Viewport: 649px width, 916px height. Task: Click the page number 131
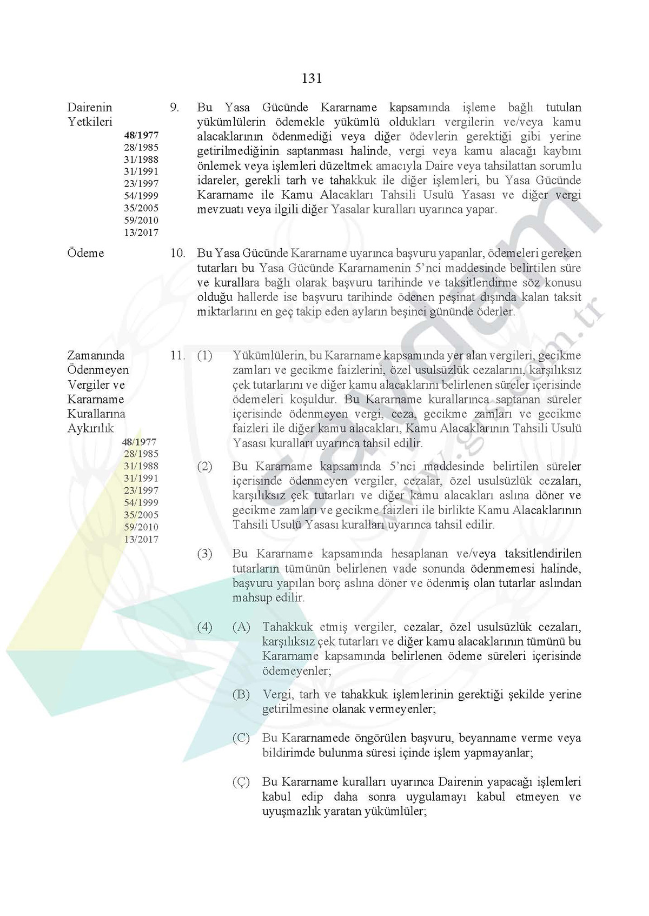(312, 79)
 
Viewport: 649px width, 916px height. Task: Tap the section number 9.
(174, 108)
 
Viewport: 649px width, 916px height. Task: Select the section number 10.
(177, 253)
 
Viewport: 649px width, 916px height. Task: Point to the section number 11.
(177, 356)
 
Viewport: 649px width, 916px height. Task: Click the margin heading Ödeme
(85, 253)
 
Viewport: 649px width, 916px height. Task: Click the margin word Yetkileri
(90, 122)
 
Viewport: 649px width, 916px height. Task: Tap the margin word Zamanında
(96, 356)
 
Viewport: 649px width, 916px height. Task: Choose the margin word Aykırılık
(90, 428)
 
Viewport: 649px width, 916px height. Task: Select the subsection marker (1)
(204, 356)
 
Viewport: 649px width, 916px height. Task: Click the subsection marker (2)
(204, 466)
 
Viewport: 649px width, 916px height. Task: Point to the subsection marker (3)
(204, 554)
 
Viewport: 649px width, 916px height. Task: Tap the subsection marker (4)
(204, 627)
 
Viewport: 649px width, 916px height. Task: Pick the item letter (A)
(241, 627)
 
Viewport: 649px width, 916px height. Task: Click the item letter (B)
(241, 694)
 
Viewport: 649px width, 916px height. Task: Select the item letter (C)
(241, 738)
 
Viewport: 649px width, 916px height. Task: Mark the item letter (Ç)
(241, 782)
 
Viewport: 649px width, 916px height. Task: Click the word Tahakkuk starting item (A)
(288, 627)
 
